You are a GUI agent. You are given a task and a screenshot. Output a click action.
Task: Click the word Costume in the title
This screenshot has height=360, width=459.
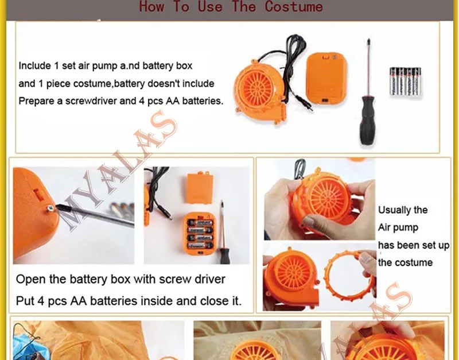point(294,6)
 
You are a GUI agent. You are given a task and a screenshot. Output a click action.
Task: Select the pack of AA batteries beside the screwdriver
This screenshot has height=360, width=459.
point(406,82)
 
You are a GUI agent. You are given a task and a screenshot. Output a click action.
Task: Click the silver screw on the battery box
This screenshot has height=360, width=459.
point(50,208)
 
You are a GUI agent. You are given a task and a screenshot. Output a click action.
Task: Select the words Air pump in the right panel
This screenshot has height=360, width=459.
point(398,228)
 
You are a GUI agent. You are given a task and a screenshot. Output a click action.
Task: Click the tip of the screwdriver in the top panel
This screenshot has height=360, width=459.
point(368,40)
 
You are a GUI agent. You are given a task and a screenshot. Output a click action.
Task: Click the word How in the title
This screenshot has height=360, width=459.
point(151,6)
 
